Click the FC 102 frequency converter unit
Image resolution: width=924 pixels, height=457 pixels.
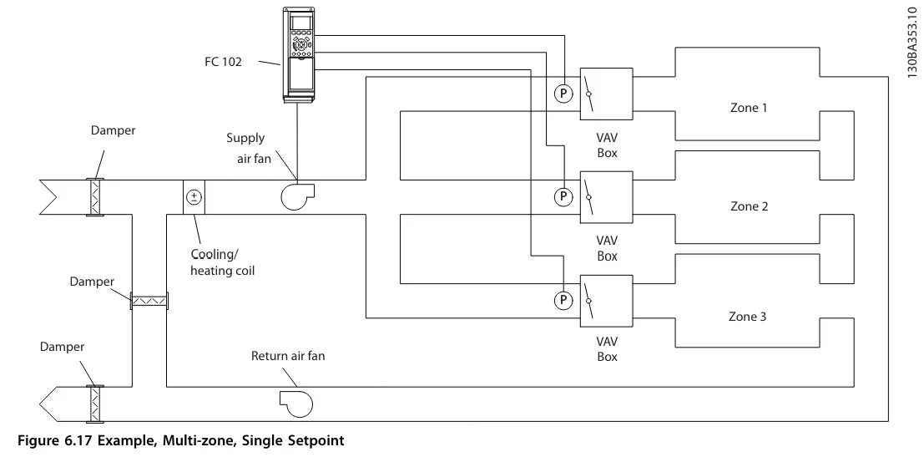(x=299, y=53)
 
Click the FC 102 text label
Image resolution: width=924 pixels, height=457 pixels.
(x=223, y=61)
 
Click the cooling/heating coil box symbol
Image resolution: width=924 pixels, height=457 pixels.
(x=194, y=197)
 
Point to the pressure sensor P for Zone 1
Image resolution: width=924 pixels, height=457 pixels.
(x=563, y=94)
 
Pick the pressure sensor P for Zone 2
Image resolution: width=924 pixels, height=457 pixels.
(x=563, y=196)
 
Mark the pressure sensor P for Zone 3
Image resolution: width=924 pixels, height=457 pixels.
(x=563, y=298)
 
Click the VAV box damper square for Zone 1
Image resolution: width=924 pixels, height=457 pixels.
(x=606, y=94)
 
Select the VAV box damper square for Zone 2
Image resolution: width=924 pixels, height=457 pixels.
(x=606, y=197)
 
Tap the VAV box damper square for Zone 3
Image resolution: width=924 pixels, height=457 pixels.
(x=606, y=301)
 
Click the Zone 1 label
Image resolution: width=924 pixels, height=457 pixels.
(x=749, y=108)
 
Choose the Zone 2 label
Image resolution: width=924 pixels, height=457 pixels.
(x=749, y=206)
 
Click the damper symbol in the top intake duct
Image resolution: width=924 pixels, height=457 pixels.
(x=95, y=197)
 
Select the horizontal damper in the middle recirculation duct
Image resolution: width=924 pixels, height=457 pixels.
(x=149, y=299)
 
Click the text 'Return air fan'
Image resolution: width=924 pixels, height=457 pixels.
(x=288, y=356)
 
